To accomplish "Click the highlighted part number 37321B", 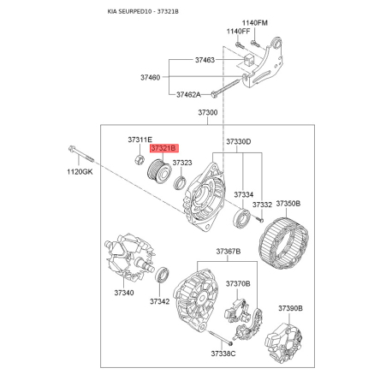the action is click(x=164, y=148).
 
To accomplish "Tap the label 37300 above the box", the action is click(x=208, y=112).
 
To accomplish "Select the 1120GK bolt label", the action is click(x=80, y=172).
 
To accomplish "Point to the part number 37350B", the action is click(x=288, y=204).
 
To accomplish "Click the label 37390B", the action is click(x=290, y=308).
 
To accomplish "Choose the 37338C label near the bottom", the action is click(x=223, y=353).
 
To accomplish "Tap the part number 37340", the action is click(x=124, y=293).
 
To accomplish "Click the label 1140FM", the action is click(x=255, y=23).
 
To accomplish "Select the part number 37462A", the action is click(x=188, y=94).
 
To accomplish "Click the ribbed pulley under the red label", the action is click(x=158, y=172).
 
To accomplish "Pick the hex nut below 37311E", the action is click(x=139, y=159).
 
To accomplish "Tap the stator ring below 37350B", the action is click(x=284, y=243).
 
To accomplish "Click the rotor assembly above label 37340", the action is click(x=130, y=258).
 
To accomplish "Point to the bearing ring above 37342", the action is click(x=163, y=274).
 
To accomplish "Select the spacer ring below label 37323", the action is click(x=180, y=183).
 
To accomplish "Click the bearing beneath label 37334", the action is click(x=242, y=219).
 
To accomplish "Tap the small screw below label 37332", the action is click(x=260, y=220).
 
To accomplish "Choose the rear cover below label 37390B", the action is click(x=283, y=343).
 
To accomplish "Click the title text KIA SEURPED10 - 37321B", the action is click(x=143, y=12).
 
